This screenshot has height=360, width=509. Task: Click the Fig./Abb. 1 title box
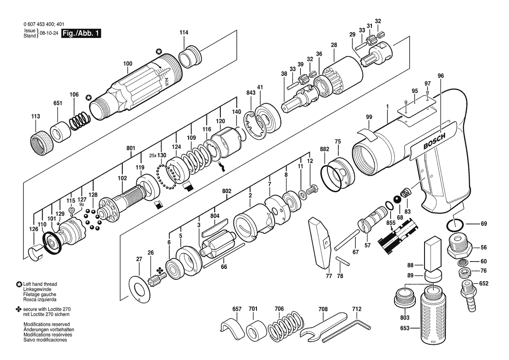[x=81, y=33]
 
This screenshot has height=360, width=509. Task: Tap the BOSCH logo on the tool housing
[x=435, y=141]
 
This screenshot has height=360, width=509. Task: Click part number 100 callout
[x=128, y=64]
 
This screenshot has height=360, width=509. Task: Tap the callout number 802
[x=226, y=191]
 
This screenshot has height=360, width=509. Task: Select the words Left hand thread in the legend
[x=40, y=284]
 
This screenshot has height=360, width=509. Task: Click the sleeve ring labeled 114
[x=191, y=57]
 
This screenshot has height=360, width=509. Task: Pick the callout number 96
[x=440, y=76]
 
